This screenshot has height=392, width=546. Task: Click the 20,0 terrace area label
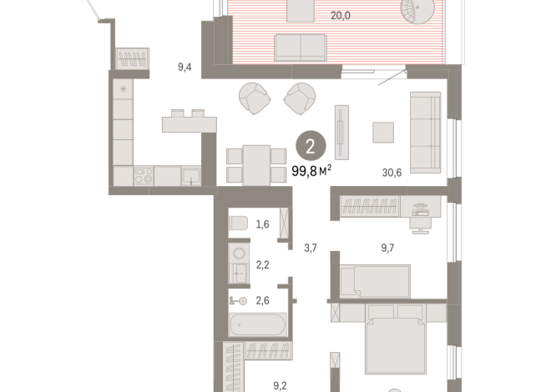[x=340, y=16]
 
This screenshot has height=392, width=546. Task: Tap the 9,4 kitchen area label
[x=185, y=67]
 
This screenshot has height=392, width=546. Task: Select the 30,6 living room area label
[x=392, y=173]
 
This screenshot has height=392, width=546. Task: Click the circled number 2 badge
[x=311, y=146]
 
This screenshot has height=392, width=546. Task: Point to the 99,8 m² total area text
[x=311, y=171]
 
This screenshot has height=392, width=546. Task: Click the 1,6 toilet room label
[x=262, y=224]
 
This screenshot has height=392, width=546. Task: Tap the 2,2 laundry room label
[x=262, y=265]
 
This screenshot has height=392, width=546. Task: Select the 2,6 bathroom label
[x=262, y=300]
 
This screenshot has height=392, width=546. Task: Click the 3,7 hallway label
[x=311, y=248]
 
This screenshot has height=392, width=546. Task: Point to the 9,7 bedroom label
[x=387, y=248]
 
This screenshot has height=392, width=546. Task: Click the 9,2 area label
[x=280, y=385]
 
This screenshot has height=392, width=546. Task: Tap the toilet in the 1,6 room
[x=238, y=223]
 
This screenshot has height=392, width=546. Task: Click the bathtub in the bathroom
[x=258, y=324]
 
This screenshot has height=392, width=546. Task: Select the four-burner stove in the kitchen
[x=144, y=176]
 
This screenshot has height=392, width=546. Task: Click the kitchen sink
[x=191, y=176]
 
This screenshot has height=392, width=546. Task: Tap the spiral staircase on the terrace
[x=417, y=11]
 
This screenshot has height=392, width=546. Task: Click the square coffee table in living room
[x=383, y=132]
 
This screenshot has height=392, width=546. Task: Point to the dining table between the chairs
[x=256, y=166]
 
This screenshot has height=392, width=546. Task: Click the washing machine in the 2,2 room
[x=239, y=253]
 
